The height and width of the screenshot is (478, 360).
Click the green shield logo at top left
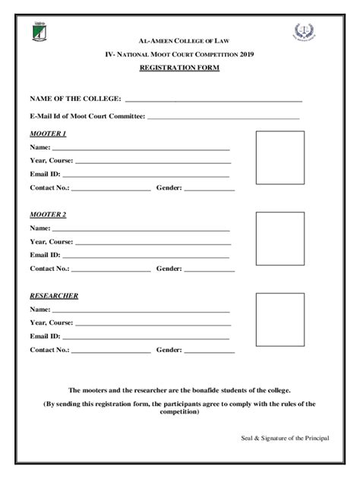(x=39, y=33)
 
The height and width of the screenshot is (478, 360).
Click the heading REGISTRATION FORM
(x=180, y=68)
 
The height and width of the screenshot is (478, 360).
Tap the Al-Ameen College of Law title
(x=180, y=39)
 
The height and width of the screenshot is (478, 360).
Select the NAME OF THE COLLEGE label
(x=75, y=99)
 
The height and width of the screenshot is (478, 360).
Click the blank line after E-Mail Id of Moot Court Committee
(x=223, y=118)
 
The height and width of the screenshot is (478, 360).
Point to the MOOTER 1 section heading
(x=48, y=134)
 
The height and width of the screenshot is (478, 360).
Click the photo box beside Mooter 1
(x=279, y=157)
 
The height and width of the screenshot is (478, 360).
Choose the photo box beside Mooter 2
(x=279, y=237)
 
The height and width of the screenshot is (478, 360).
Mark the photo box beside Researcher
(x=279, y=319)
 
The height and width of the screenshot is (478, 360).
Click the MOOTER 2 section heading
(x=48, y=215)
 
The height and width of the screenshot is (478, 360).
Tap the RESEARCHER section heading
(x=54, y=296)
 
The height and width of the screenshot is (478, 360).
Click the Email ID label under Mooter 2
(x=45, y=255)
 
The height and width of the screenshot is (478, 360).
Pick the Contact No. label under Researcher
(x=49, y=350)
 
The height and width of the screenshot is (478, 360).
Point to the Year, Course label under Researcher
(x=52, y=322)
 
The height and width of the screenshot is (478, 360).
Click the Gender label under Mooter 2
(x=169, y=268)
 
